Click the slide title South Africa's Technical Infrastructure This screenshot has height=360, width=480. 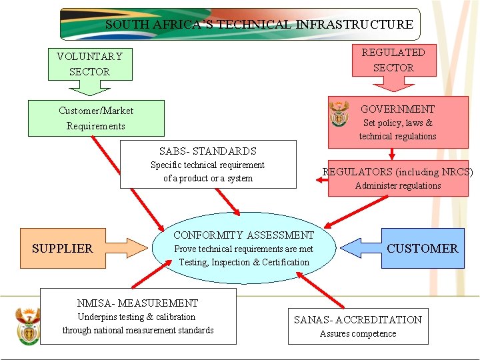[x=259, y=25]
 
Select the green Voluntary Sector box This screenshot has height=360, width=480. [x=89, y=64]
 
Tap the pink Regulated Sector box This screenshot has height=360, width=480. [x=393, y=60]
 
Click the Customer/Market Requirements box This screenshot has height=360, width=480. [x=95, y=118]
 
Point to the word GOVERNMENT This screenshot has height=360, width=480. [x=397, y=109]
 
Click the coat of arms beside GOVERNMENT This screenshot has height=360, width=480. [x=339, y=115]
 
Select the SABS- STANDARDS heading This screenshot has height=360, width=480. [x=207, y=151]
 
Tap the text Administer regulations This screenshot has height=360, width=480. [x=397, y=186]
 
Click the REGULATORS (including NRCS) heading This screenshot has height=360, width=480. [x=397, y=172]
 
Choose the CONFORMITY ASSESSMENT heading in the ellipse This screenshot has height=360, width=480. [x=243, y=235]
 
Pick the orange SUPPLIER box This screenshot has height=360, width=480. [x=63, y=249]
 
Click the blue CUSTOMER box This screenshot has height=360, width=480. [x=422, y=249]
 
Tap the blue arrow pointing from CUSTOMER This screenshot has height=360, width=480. [x=360, y=248]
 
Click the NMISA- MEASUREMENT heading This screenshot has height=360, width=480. [x=137, y=303]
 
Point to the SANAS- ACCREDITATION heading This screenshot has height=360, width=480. [x=358, y=319]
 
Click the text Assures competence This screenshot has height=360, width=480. [x=358, y=334]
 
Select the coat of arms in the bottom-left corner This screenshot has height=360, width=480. [x=27, y=325]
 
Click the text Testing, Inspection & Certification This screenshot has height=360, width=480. [x=244, y=262]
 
